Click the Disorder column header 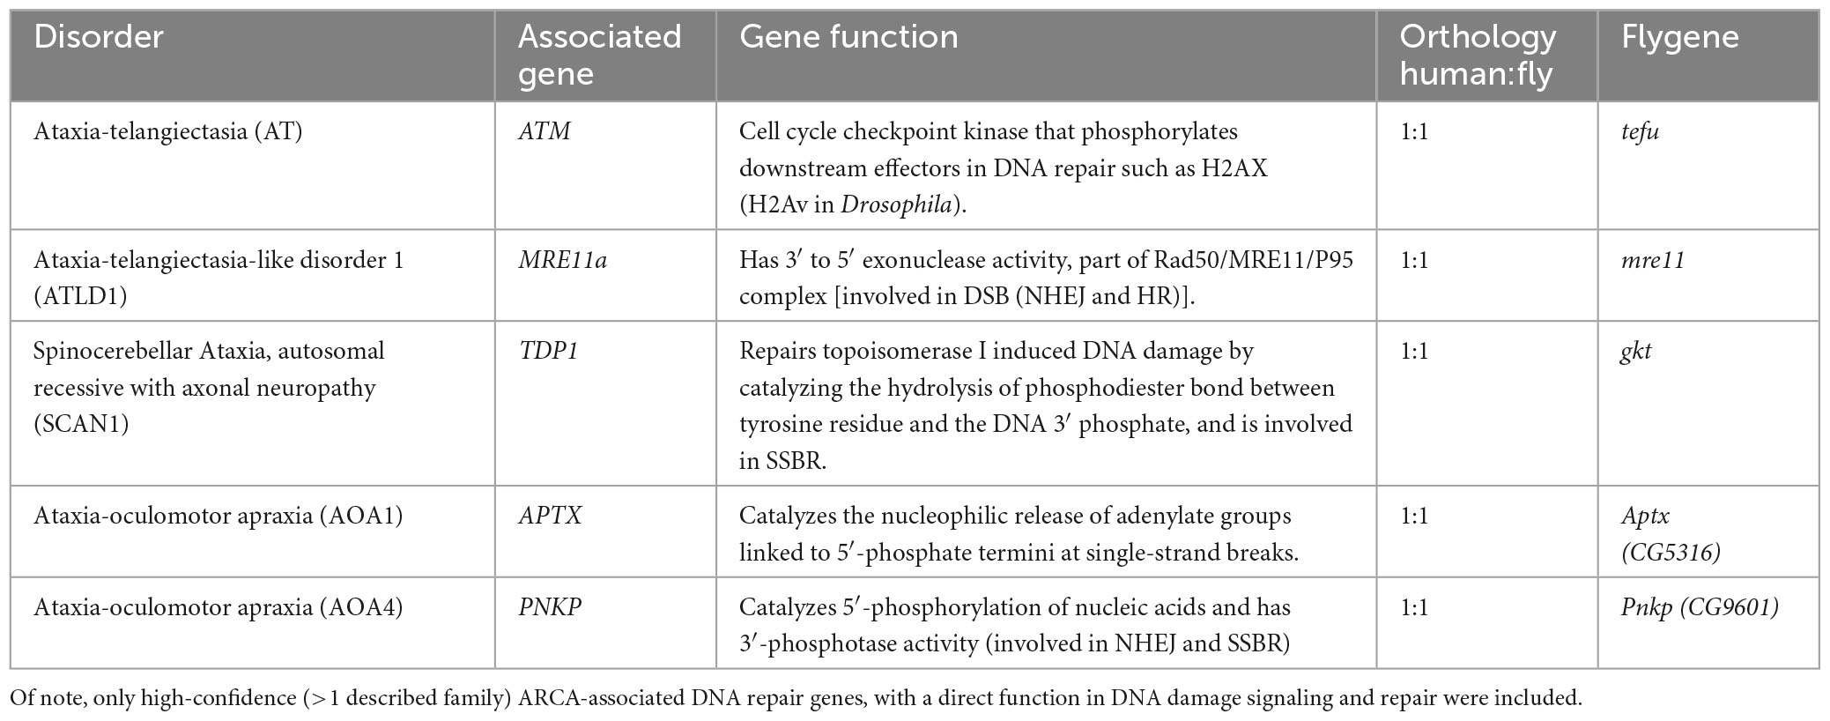99,37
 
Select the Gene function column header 848,37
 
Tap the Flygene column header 1680,37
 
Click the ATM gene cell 544,131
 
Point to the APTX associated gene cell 550,516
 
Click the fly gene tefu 1640,131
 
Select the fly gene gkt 1636,351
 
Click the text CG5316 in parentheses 1671,553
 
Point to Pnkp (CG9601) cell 1700,607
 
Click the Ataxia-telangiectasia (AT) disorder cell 167,131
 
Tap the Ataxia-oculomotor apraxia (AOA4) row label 218,607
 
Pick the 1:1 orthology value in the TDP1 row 1414,351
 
